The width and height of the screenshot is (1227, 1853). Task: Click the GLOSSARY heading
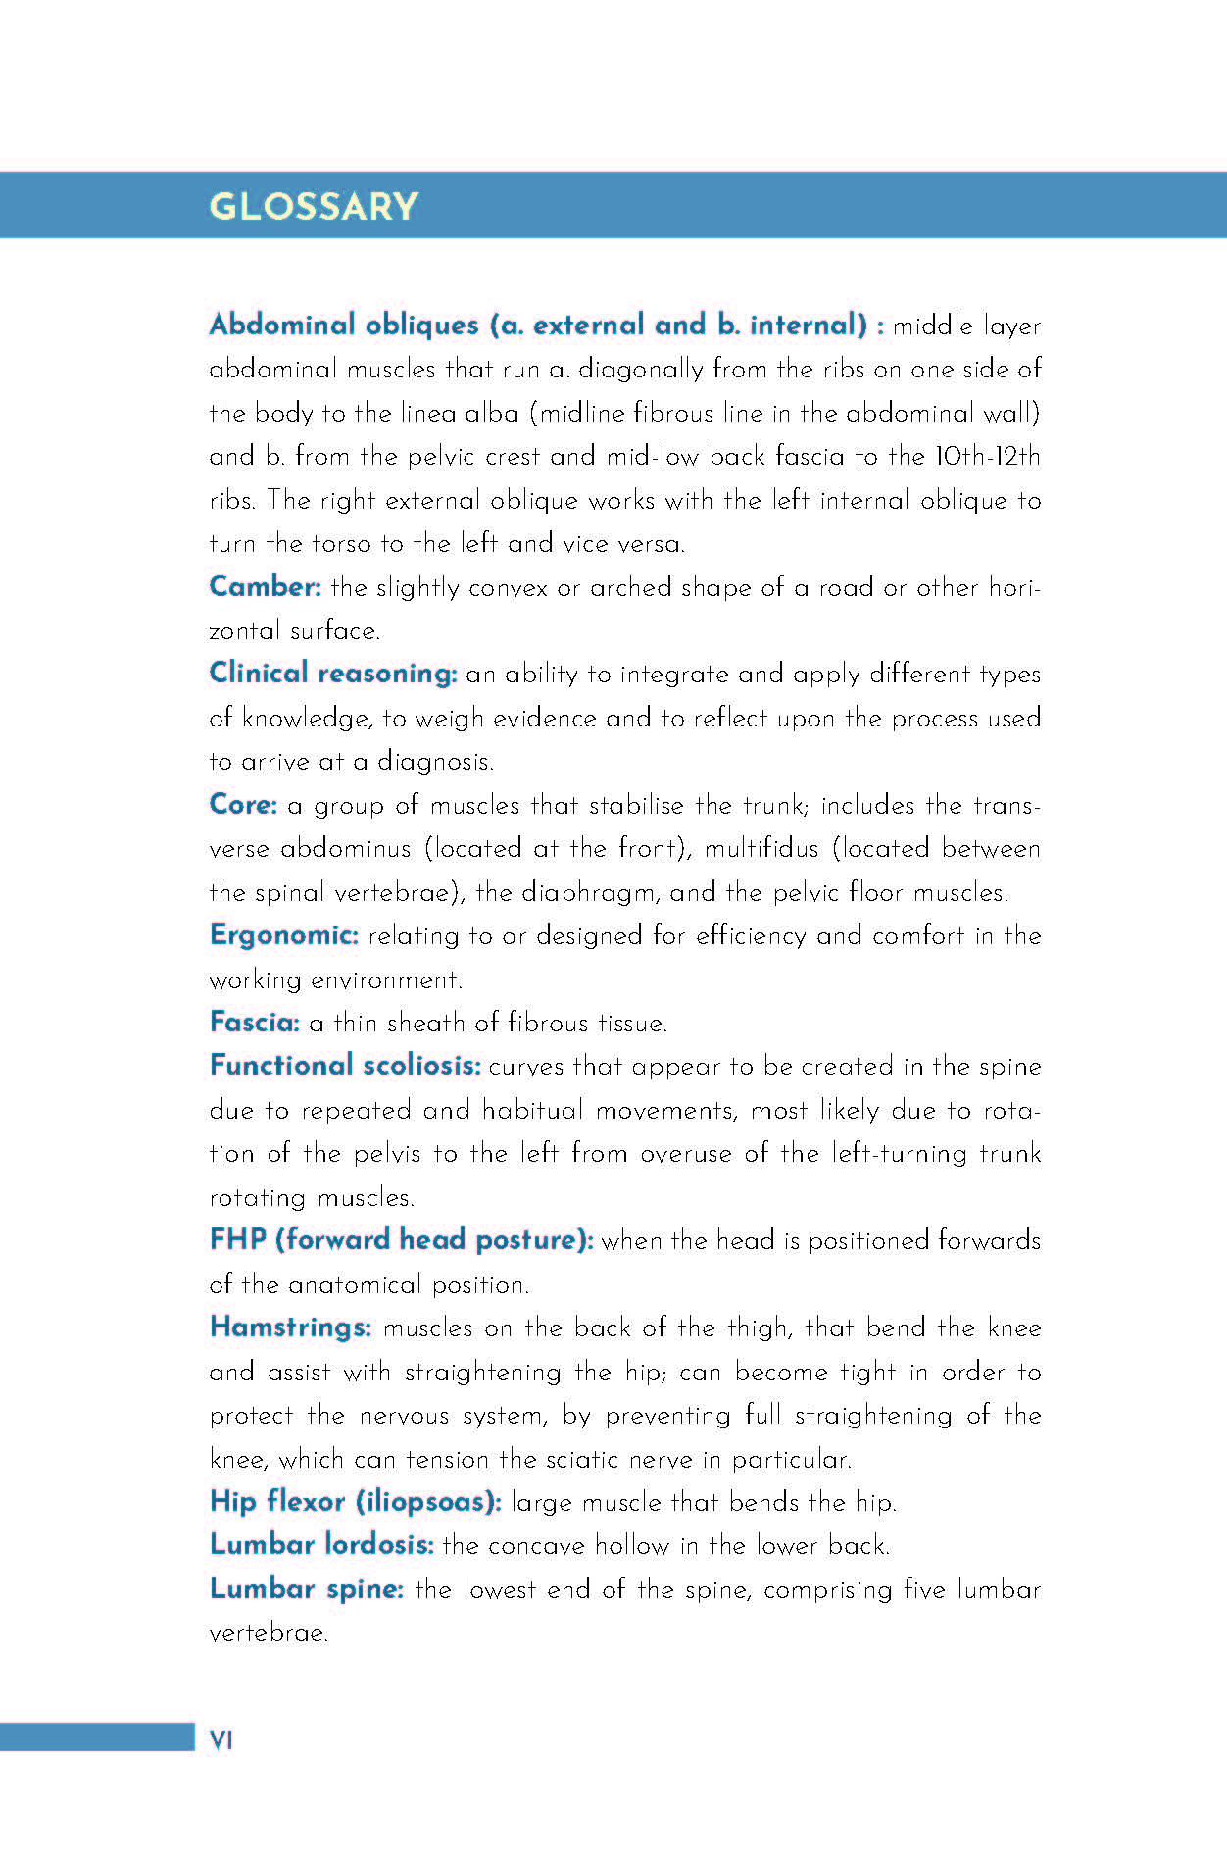314,206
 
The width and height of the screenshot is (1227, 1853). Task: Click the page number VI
221,1740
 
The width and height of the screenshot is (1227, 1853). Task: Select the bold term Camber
265,586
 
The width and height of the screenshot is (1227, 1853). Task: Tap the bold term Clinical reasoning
333,674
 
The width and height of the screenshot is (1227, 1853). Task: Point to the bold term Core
243,805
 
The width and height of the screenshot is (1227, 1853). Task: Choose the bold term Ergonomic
284,935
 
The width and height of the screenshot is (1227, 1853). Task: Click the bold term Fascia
255,1023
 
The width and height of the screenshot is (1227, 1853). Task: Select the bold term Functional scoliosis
345,1066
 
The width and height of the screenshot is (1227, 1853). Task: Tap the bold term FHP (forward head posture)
402,1240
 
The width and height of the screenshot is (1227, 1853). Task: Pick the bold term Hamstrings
291,1327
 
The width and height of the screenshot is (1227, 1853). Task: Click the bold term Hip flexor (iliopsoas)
356,1502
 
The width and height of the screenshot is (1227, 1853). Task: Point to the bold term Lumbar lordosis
321,1545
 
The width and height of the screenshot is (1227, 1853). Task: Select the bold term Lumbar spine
307,1589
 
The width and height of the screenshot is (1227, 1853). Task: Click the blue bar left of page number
97,1736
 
